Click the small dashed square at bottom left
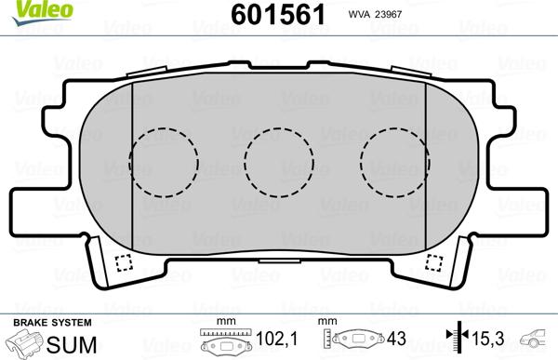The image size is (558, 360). click(x=119, y=262)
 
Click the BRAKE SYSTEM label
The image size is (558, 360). click(x=38, y=322)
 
